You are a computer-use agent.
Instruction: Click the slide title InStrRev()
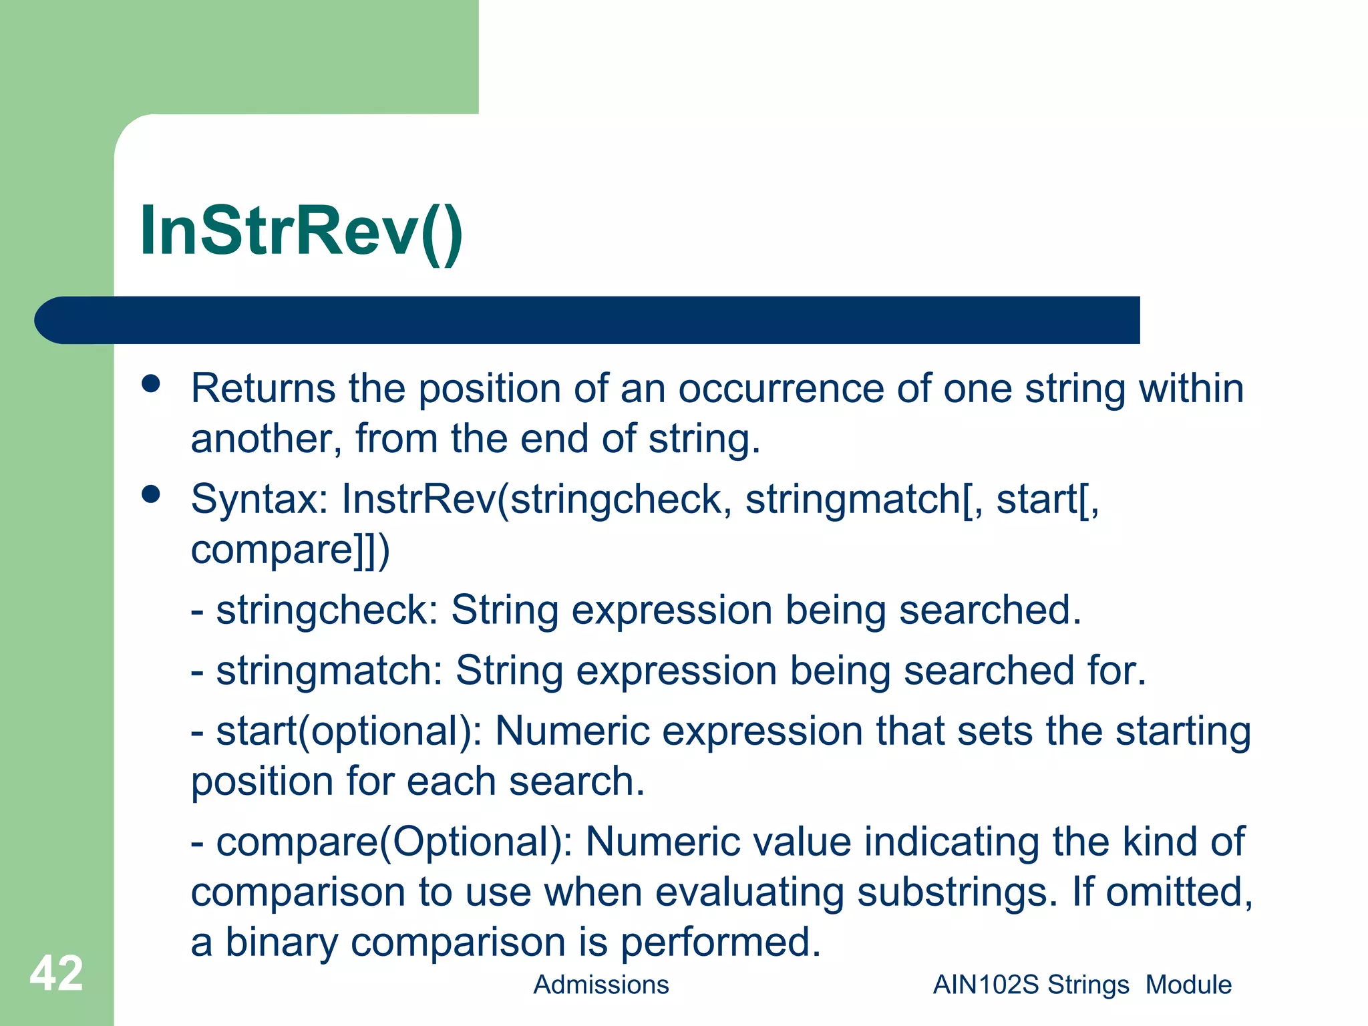(301, 230)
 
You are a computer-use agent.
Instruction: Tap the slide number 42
(56, 973)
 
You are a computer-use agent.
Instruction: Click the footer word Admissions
(601, 985)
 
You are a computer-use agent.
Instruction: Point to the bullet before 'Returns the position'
(152, 383)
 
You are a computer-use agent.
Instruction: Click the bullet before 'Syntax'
(152, 494)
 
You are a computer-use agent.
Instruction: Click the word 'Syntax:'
(259, 500)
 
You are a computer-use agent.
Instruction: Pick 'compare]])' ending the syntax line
(290, 550)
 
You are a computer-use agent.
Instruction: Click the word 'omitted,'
(1179, 892)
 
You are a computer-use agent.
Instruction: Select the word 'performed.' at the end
(721, 943)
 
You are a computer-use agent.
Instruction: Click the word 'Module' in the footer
(1188, 985)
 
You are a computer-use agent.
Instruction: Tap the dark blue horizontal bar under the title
(588, 320)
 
